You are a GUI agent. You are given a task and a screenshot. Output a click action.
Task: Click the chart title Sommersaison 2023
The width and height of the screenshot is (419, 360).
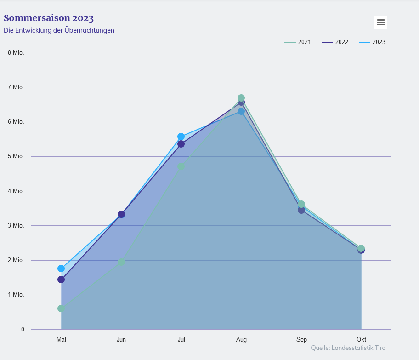pos(49,18)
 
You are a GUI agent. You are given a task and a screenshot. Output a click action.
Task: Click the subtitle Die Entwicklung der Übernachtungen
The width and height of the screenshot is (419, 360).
pos(59,30)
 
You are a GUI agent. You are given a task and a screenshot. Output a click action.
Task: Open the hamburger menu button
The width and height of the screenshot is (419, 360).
pos(380,22)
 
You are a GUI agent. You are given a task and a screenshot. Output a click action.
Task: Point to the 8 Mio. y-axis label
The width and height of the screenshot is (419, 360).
pos(16,52)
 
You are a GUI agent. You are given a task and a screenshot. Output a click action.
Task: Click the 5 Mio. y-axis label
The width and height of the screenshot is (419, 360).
pos(16,156)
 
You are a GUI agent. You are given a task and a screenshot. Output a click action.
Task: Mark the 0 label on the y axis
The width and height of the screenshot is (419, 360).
pos(22,329)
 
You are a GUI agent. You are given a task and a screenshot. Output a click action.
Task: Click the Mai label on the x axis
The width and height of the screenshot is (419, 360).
pos(61,340)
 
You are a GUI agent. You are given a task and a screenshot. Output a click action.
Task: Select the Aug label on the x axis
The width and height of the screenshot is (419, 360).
pos(241,340)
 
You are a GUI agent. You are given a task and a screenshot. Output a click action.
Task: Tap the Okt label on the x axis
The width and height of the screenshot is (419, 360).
pos(361,340)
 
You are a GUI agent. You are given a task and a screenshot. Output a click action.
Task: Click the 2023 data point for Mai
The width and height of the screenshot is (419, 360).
pos(61,269)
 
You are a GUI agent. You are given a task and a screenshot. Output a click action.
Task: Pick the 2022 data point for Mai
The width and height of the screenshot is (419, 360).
pos(61,280)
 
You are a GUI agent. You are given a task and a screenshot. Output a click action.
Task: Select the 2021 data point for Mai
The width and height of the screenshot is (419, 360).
pos(61,309)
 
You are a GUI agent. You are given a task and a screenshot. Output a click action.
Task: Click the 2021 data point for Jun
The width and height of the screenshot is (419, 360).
pos(121,262)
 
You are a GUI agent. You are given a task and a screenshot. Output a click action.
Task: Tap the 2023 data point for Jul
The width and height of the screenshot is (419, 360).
pos(181,137)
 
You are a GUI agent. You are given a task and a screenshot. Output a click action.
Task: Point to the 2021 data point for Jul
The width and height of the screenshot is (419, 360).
pos(181,166)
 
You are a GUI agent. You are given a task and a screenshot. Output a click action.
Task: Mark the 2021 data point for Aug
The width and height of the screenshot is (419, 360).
pos(241,98)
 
